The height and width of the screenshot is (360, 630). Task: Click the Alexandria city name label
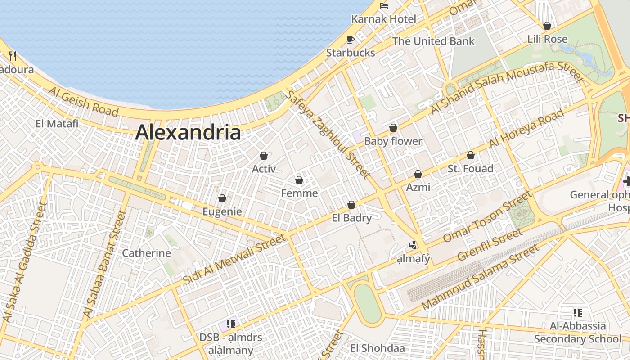[188, 133]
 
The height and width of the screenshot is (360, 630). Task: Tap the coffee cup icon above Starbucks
[351, 40]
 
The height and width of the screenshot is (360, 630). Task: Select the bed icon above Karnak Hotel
[383, 6]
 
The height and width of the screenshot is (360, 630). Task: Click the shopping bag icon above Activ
[264, 156]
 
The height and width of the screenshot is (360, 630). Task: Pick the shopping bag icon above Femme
[299, 180]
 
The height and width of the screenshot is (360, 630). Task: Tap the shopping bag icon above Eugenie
[222, 198]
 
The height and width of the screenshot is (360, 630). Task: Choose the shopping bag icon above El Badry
[351, 205]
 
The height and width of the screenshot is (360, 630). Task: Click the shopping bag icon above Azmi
[418, 174]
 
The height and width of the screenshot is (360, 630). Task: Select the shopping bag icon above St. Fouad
[471, 156]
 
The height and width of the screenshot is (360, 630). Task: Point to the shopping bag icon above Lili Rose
[547, 26]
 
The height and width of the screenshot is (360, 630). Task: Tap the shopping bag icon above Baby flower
[393, 128]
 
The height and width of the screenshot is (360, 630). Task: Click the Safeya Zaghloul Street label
[328, 134]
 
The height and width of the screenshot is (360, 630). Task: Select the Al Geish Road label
[84, 102]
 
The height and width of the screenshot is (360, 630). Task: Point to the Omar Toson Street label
[487, 217]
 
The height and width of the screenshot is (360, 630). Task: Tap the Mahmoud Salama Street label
[480, 277]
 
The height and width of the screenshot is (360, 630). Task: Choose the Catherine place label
[147, 253]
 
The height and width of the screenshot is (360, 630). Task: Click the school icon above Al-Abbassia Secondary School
[578, 312]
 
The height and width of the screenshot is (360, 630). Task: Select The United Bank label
[433, 41]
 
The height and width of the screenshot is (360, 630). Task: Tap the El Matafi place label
[57, 123]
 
